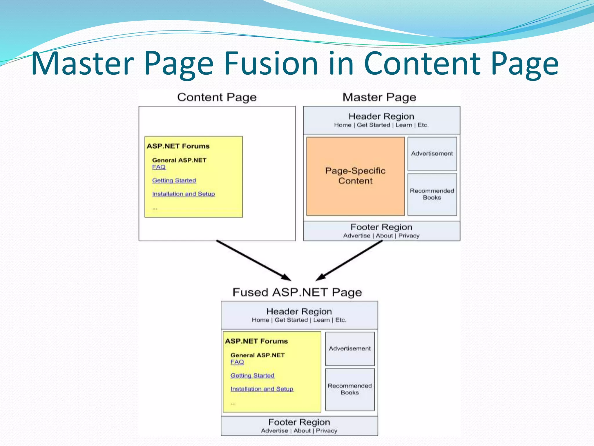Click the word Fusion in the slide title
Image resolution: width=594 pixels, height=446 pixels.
pyautogui.click(x=271, y=63)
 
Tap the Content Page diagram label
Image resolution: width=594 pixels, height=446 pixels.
pyautogui.click(x=217, y=97)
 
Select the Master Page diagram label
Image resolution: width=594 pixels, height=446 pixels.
pyautogui.click(x=379, y=97)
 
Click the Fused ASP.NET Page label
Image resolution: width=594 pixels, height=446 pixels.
pyautogui.click(x=297, y=292)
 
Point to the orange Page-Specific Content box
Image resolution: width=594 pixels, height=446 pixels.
pyautogui.click(x=355, y=176)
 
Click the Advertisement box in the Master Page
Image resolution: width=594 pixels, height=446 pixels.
pyautogui.click(x=432, y=154)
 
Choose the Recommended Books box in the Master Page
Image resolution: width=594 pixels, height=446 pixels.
pyautogui.click(x=432, y=194)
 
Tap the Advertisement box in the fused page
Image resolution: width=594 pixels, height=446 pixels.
pyautogui.click(x=350, y=349)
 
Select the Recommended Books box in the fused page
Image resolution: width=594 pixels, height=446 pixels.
pyautogui.click(x=350, y=389)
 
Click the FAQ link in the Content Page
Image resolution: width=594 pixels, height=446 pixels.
pyautogui.click(x=159, y=167)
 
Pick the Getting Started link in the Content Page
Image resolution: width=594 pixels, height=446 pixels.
pyautogui.click(x=174, y=181)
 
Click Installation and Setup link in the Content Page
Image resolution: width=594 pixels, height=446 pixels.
pyautogui.click(x=184, y=194)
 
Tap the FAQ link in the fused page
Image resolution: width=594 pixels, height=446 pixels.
pyautogui.click(x=237, y=362)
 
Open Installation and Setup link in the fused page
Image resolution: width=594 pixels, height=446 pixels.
pyautogui.click(x=262, y=389)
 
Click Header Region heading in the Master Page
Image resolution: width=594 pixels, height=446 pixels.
pyautogui.click(x=381, y=116)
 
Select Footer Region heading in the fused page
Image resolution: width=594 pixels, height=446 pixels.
pyautogui.click(x=299, y=422)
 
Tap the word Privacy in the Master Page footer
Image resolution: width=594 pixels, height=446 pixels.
pyautogui.click(x=409, y=236)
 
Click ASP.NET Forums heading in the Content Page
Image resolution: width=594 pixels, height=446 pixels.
pyautogui.click(x=178, y=146)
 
